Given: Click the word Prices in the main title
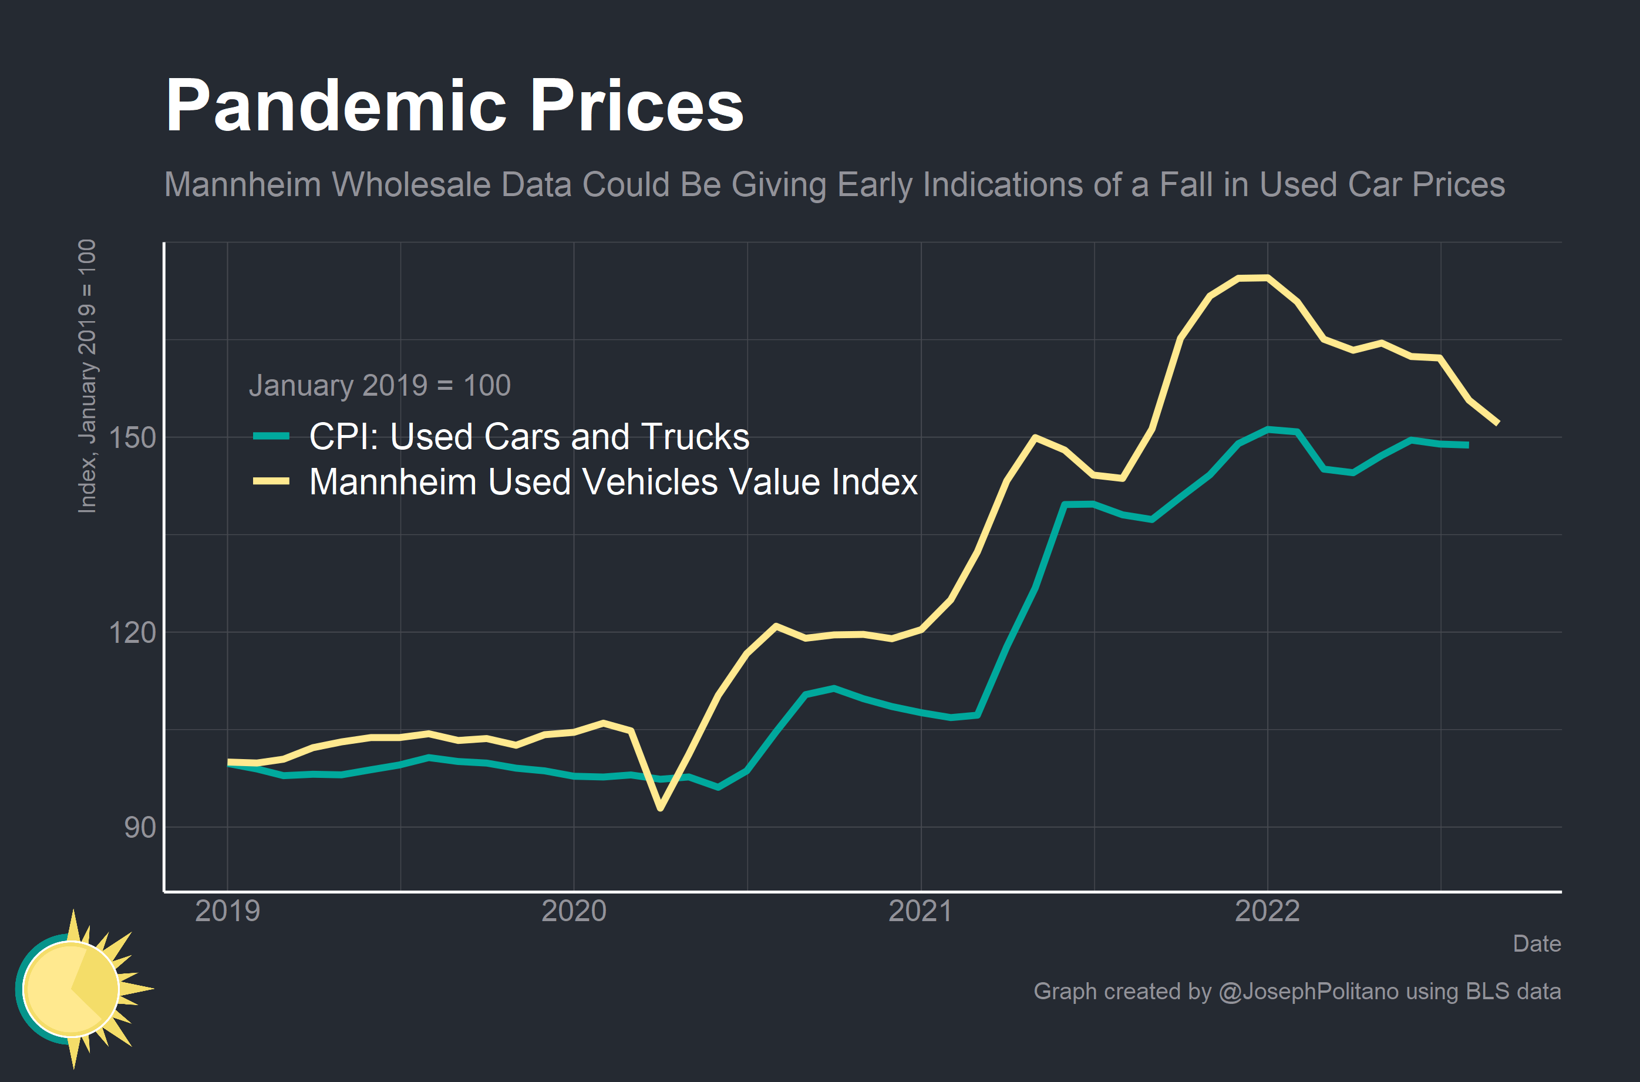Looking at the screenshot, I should pos(636,106).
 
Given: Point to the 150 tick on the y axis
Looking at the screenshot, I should pos(133,437).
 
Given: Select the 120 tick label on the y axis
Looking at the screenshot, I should pos(133,632).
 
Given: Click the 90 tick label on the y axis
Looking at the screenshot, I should pos(140,827).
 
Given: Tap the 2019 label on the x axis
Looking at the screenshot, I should pos(228,911).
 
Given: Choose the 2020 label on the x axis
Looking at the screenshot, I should pos(574,911).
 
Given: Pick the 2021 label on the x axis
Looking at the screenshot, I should pos(920,911).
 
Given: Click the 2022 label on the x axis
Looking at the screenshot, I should pos(1267,911).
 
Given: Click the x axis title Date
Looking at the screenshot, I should pos(1537,943).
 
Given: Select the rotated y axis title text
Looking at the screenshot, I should pos(87,376).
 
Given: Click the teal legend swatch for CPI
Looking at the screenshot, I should pos(271,436).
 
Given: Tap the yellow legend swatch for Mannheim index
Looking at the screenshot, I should pos(271,481).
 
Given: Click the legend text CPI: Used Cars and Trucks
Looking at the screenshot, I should pos(529,436).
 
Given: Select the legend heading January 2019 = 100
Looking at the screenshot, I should pos(379,385).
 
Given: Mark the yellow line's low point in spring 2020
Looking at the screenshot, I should pos(660,807).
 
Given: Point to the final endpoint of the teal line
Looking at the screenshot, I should pos(1467,445).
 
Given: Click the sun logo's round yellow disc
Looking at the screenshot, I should pos(70,989).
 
